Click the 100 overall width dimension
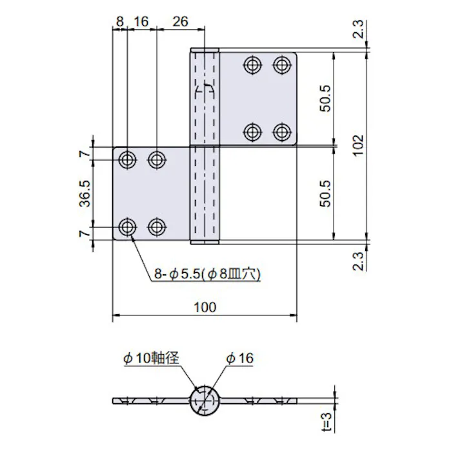point(205,307)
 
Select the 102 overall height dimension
point(359,146)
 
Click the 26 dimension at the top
point(180,21)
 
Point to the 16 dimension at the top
point(141,21)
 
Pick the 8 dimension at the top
point(119,21)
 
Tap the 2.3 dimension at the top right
point(360,29)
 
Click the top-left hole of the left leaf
point(128,159)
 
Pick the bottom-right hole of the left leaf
point(156,226)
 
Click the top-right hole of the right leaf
point(281,65)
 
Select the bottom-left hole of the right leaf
point(252,132)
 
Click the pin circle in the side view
point(206,401)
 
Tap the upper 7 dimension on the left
point(83,154)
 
